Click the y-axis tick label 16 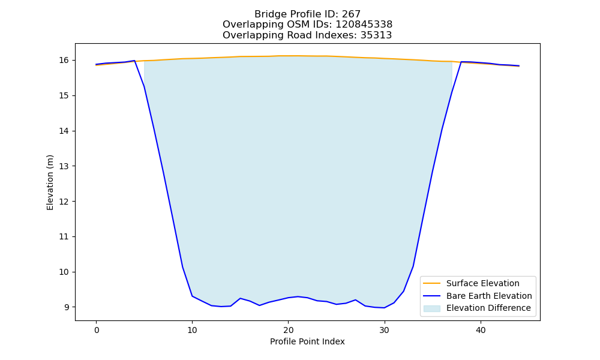(64, 61)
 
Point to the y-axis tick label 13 (64, 166)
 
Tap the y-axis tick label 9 (66, 307)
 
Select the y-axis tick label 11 (64, 237)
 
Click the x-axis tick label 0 (97, 330)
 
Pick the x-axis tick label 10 (193, 330)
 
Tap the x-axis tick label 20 (289, 330)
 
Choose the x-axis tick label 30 (385, 330)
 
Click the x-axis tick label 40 (481, 330)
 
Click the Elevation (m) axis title (50, 182)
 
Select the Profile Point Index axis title (307, 341)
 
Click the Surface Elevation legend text (483, 283)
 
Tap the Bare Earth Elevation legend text (489, 296)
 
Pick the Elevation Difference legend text (488, 308)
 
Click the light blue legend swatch (431, 308)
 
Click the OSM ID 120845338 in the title (364, 25)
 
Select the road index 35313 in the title (376, 35)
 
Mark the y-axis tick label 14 (64, 131)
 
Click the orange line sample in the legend (431, 283)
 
